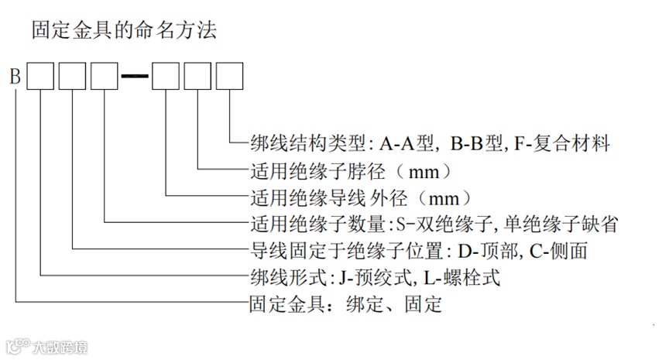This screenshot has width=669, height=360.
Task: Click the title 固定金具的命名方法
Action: pos(123,31)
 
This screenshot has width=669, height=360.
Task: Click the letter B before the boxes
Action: pos(15,77)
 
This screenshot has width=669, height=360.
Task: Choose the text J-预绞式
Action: pos(374,276)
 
